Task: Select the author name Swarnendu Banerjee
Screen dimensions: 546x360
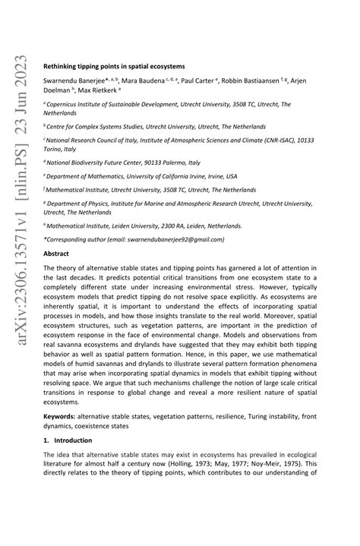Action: point(73,80)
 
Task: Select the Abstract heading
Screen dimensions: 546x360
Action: point(56,253)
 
